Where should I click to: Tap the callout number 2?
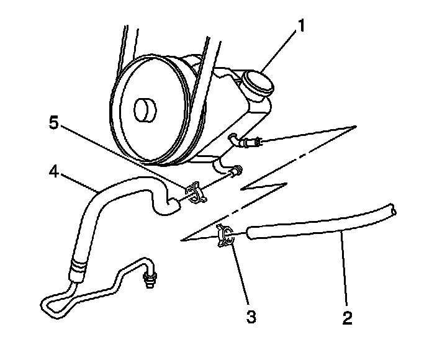(348, 318)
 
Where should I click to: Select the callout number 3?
(251, 317)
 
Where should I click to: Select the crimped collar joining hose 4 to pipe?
(78, 268)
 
